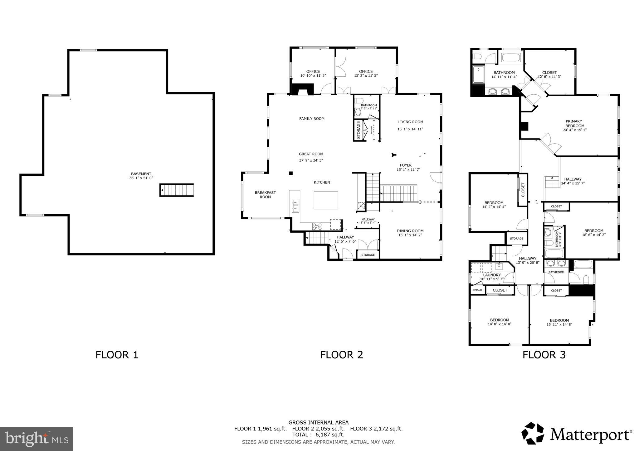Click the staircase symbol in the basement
click(177, 190)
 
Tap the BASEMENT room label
click(141, 174)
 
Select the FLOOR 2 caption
click(341, 355)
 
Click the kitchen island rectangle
click(326, 200)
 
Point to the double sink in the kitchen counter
click(295, 206)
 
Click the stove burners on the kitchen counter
click(317, 226)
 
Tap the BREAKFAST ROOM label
click(265, 195)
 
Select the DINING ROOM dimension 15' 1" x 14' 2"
click(410, 235)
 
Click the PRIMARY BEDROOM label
click(574, 124)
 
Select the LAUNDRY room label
click(492, 275)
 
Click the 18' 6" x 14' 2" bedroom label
click(593, 235)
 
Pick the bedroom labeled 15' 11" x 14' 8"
click(559, 322)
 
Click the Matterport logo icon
click(533, 433)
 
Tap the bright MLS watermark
click(37, 439)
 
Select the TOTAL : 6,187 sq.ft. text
click(318, 435)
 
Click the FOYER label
click(406, 165)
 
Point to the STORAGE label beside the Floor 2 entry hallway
click(368, 255)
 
